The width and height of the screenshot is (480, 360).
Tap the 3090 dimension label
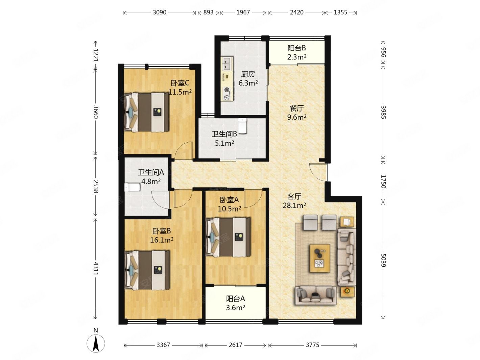coord(160,13)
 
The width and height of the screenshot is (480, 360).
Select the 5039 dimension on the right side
coord(383,260)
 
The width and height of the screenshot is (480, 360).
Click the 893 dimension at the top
coord(208,13)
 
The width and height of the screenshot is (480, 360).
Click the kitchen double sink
coord(227,64)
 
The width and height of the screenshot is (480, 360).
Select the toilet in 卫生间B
coord(242,126)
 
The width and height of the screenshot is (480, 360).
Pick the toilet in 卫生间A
coord(132,187)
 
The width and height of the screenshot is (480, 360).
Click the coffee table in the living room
coord(320,258)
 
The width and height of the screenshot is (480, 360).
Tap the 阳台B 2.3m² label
coord(296,52)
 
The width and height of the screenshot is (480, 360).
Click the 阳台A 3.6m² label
coord(235,303)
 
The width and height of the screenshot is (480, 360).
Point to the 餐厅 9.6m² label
coord(296,113)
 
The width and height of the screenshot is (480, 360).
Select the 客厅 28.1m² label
coord(294,201)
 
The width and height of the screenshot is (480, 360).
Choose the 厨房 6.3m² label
coord(248,78)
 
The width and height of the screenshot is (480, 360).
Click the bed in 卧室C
coord(146,112)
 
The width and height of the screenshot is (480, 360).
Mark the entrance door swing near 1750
coord(317,172)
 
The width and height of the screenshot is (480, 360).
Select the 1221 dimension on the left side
coord(96,55)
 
